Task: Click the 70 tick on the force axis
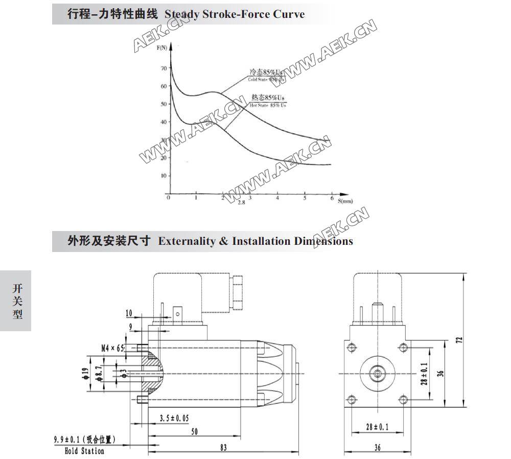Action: pyautogui.click(x=164, y=68)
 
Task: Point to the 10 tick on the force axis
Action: pyautogui.click(x=164, y=175)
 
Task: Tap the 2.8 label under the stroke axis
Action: pyautogui.click(x=241, y=203)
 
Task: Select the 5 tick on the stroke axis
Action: pyautogui.click(x=305, y=198)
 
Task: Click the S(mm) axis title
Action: pyautogui.click(x=345, y=201)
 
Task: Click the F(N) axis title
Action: pyautogui.click(x=161, y=48)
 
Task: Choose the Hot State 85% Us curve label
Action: pyautogui.click(x=267, y=100)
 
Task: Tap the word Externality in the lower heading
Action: pyautogui.click(x=187, y=241)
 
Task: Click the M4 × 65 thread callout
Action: pyautogui.click(x=112, y=348)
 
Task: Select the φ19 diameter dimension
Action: pyautogui.click(x=85, y=375)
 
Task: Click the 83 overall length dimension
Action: pyautogui.click(x=223, y=447)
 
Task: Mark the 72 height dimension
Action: pyautogui.click(x=458, y=340)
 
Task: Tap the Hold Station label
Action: pyautogui.click(x=84, y=451)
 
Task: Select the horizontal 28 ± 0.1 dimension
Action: pyautogui.click(x=377, y=426)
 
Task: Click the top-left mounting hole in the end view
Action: pyautogui.click(x=351, y=348)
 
